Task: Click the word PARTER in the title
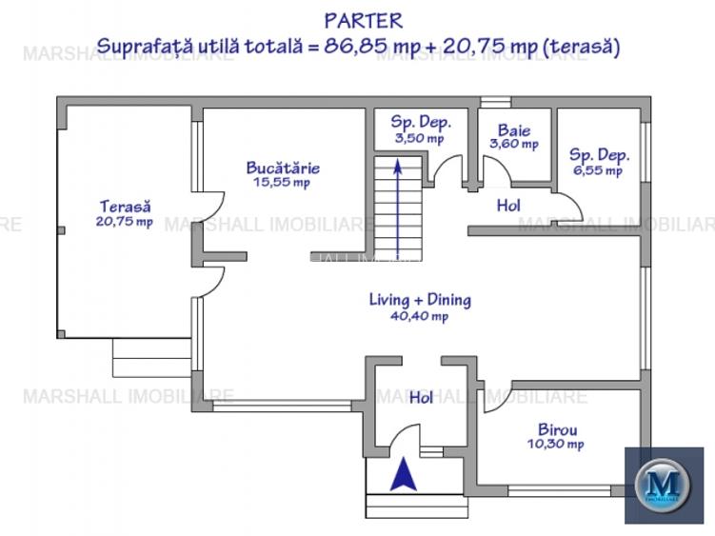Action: tap(363, 20)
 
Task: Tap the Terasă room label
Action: tap(125, 205)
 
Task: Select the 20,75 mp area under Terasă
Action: tap(125, 221)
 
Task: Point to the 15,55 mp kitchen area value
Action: tap(280, 182)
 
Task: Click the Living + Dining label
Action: tap(419, 300)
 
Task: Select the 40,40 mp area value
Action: tap(419, 316)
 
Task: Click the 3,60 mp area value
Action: tap(513, 145)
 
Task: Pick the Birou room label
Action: tap(557, 429)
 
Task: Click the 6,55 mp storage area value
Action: tap(597, 170)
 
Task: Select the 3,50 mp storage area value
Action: tap(420, 138)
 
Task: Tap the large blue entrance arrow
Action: tap(404, 473)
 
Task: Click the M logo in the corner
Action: tap(663, 486)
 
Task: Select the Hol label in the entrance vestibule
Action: tap(421, 397)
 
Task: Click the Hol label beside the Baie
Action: tap(508, 205)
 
